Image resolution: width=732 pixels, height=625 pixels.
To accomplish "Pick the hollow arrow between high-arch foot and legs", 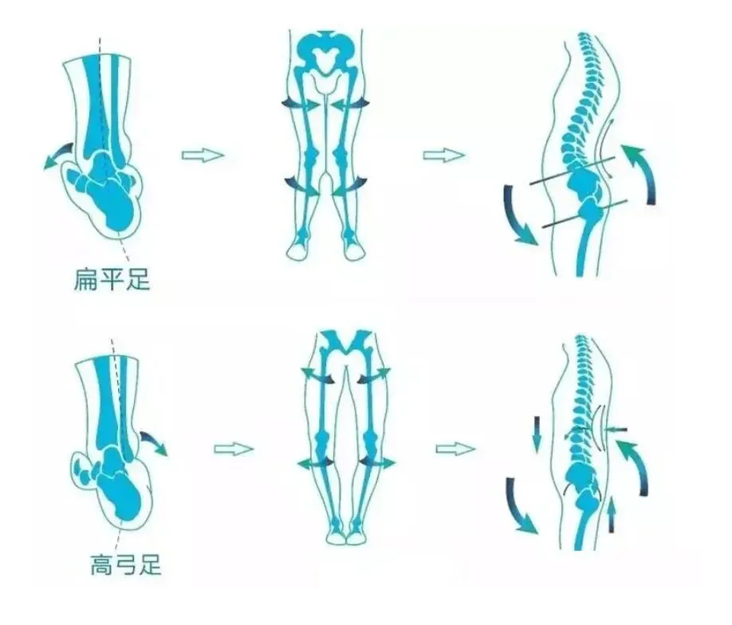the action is (233, 449).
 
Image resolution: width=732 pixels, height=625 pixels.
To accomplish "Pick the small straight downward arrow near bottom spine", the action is (536, 431).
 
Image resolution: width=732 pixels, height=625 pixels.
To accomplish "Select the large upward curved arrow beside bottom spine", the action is (637, 470).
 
